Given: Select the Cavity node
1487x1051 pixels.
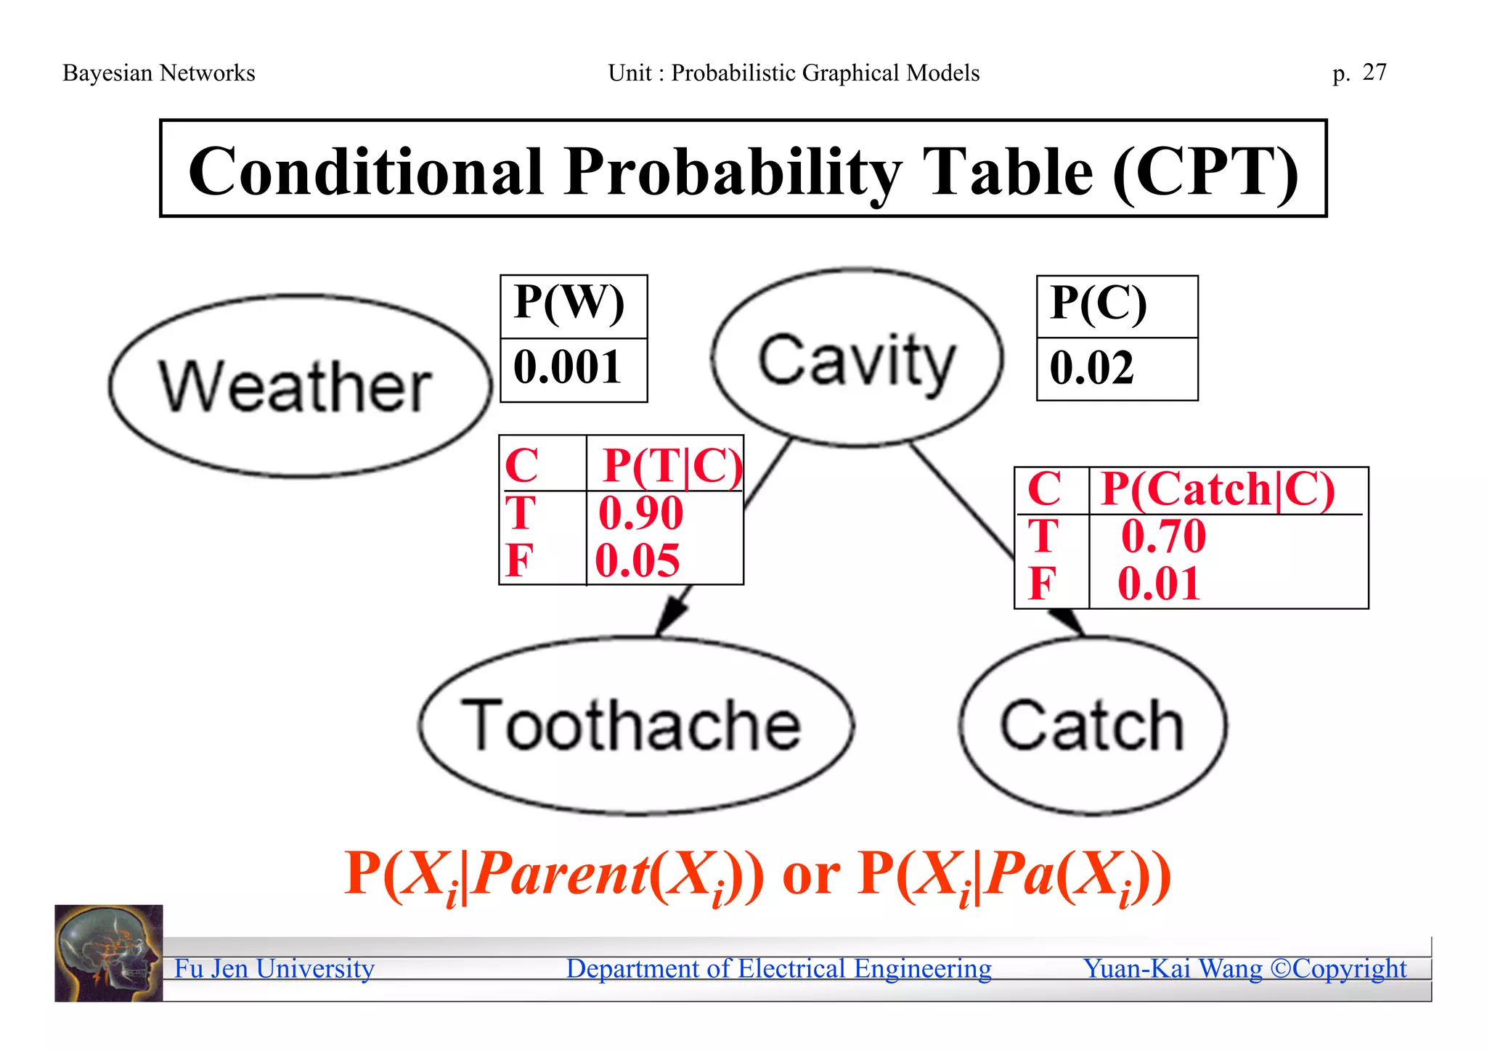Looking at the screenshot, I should [x=857, y=359].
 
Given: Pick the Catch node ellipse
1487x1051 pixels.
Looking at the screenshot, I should [x=1093, y=725].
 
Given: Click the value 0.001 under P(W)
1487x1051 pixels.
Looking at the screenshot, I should [x=568, y=367].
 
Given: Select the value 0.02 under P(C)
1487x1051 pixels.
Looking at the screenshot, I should [x=1092, y=367].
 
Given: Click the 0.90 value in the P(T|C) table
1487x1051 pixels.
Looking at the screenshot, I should [x=640, y=513].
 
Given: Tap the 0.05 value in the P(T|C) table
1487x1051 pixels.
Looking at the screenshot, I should [x=637, y=560].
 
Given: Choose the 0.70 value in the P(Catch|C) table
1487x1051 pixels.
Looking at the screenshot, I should [x=1163, y=536].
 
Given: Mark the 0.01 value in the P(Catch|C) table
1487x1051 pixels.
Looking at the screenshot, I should [x=1159, y=584].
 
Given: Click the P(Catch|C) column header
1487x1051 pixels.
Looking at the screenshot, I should [x=1218, y=489].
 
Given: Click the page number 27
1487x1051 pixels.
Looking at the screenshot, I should [x=1374, y=72].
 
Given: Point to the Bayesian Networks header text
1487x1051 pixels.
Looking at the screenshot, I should [x=159, y=73].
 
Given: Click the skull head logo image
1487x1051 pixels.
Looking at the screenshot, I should [x=109, y=953].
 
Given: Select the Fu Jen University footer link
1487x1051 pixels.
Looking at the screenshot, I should [x=274, y=968].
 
